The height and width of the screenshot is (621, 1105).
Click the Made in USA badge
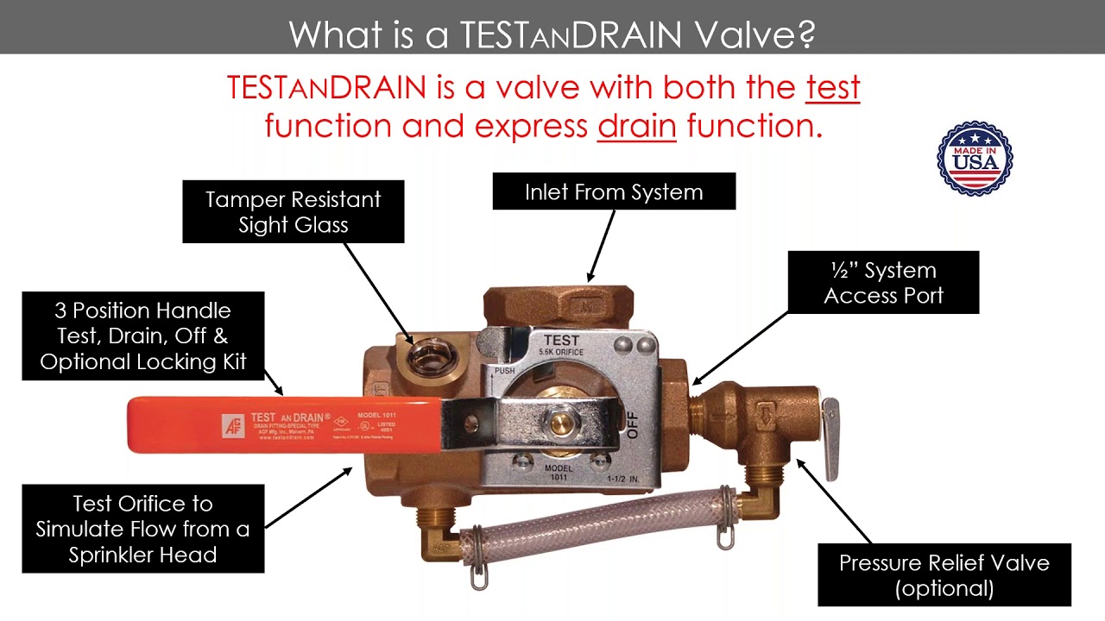click(975, 159)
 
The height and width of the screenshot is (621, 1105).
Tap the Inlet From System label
click(614, 191)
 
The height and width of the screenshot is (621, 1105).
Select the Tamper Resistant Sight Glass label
click(294, 212)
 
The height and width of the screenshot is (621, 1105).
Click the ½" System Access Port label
click(883, 283)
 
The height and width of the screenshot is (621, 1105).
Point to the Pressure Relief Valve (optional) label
click(944, 575)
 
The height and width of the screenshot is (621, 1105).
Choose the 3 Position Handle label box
click(143, 336)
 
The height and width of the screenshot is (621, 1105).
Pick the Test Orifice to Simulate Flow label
click(143, 529)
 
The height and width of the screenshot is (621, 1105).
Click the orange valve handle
click(285, 424)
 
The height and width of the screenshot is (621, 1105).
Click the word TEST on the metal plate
click(561, 340)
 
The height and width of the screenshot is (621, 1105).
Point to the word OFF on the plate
click(633, 423)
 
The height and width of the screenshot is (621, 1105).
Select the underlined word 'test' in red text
click(833, 88)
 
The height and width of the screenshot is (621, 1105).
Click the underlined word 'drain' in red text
click(636, 126)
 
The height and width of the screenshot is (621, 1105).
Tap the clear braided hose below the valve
click(596, 520)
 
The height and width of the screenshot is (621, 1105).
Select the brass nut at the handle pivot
click(562, 423)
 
